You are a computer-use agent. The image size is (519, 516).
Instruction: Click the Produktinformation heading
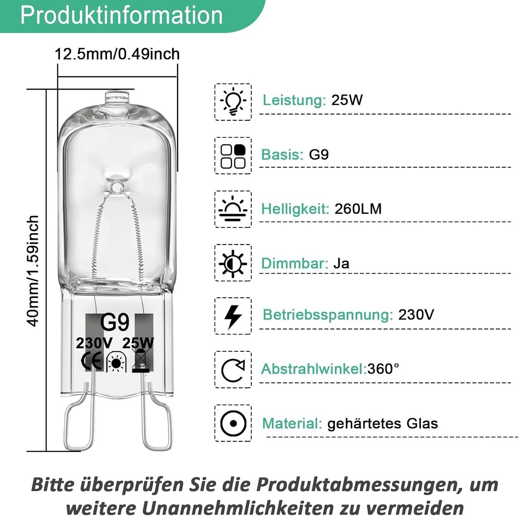tap(122, 16)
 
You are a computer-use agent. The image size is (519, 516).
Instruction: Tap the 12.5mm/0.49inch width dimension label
tap(117, 54)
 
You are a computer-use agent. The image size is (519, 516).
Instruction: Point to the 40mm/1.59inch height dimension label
tap(33, 271)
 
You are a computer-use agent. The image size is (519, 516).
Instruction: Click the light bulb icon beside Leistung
tap(233, 102)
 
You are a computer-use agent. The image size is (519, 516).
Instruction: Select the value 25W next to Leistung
tap(347, 100)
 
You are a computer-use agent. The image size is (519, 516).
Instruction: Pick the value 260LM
tap(358, 209)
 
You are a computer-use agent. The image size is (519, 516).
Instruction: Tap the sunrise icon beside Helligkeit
tap(233, 209)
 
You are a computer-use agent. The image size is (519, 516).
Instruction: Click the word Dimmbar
tap(295, 263)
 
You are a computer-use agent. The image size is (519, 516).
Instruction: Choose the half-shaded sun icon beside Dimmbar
tap(233, 263)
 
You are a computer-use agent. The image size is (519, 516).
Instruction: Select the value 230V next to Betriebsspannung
tap(416, 314)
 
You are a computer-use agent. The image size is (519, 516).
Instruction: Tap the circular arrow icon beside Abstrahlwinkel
tap(233, 370)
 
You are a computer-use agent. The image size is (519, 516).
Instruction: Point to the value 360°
tap(383, 369)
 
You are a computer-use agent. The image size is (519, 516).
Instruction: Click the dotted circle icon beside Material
tap(233, 423)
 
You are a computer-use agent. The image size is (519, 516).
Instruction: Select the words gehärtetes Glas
tap(383, 424)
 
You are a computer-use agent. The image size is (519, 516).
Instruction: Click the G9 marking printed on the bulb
tap(115, 323)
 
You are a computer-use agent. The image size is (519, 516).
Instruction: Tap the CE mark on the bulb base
tap(92, 360)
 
